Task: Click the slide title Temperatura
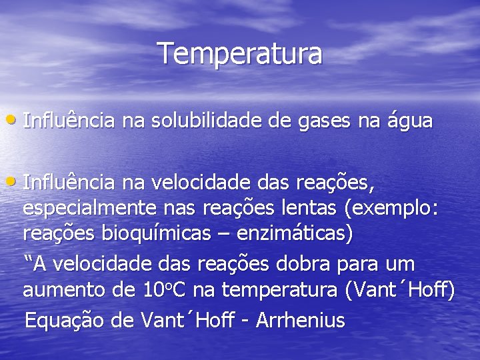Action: coord(240,53)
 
